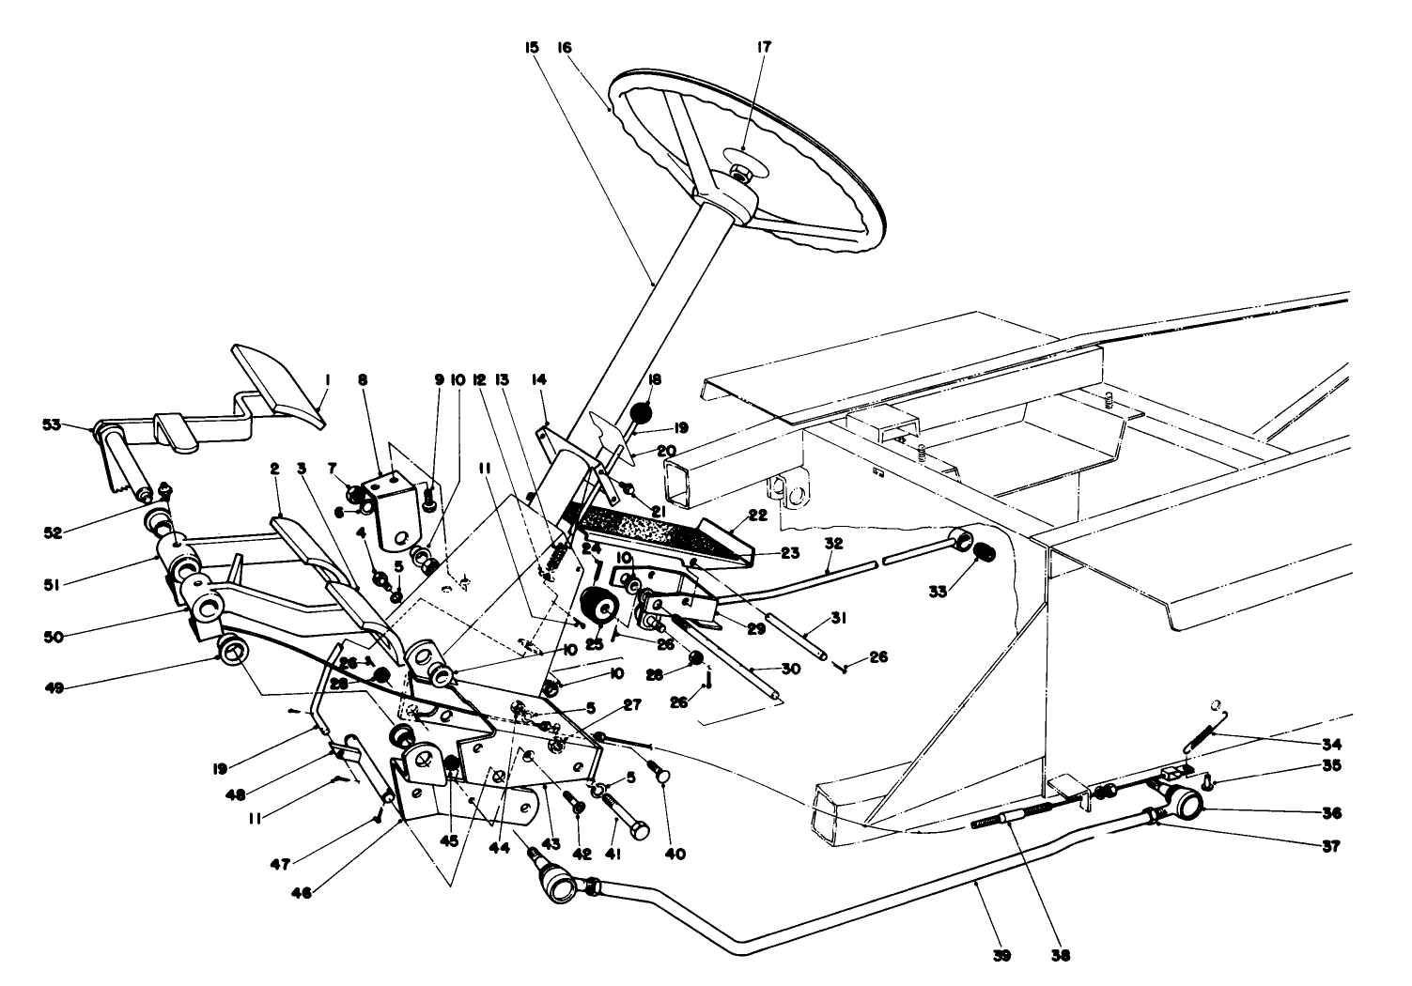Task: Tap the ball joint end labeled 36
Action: pos(1185,805)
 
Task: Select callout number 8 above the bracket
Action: pos(363,380)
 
